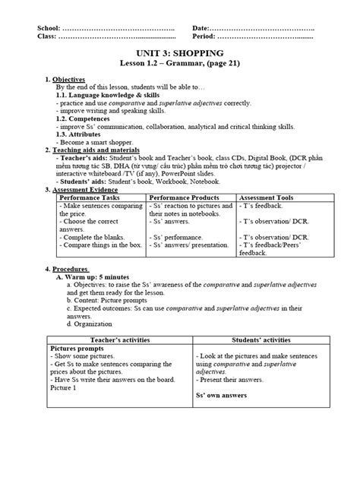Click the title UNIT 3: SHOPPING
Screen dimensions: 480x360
[179, 53]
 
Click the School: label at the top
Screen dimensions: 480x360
[51, 28]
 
